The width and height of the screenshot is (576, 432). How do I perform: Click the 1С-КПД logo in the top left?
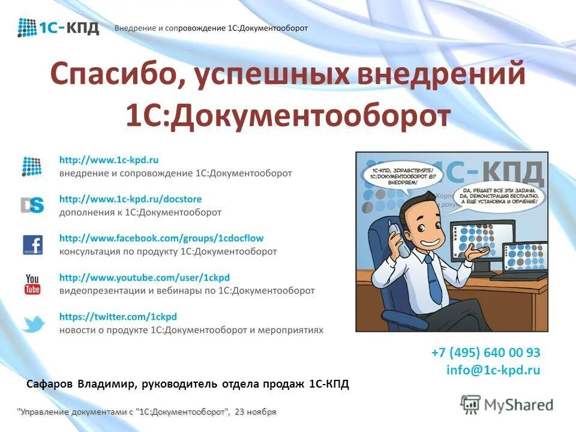click(58, 28)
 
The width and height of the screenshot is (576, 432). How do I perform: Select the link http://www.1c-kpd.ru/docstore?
click(130, 199)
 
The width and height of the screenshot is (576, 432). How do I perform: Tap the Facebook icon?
click(32, 245)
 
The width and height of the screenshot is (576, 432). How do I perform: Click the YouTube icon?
click(32, 284)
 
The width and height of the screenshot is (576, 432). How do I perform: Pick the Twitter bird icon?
click(33, 324)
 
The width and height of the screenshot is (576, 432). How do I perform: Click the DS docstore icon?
click(32, 205)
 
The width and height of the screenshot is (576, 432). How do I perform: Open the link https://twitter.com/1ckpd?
click(118, 316)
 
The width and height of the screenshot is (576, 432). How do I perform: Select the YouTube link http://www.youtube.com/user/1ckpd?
click(144, 277)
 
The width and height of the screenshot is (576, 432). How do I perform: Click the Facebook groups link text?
click(161, 238)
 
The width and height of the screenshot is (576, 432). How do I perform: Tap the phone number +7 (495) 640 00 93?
click(485, 352)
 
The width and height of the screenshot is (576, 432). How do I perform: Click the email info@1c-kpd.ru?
click(493, 370)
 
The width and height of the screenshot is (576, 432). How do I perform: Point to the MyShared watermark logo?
click(507, 404)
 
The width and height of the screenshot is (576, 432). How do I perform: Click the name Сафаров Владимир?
click(80, 383)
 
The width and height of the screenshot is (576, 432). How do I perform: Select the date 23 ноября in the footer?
click(256, 412)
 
